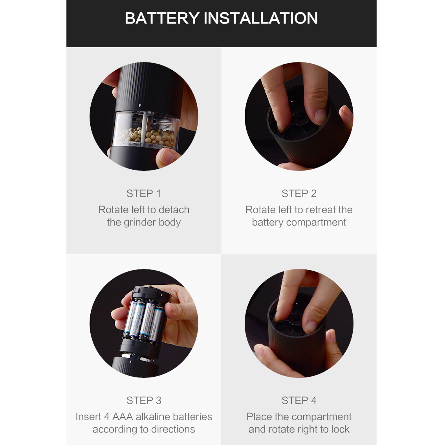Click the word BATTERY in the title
(x=162, y=18)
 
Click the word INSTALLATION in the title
(x=260, y=18)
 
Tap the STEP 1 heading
(x=144, y=193)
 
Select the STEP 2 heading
(x=299, y=193)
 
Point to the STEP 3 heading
(x=144, y=400)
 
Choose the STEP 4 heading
(x=299, y=400)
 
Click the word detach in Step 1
(x=174, y=209)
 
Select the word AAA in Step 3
(x=123, y=416)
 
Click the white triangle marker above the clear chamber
(x=140, y=106)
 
